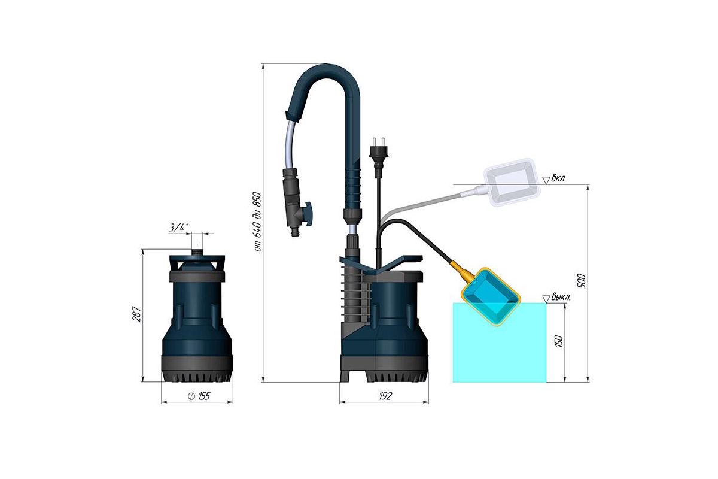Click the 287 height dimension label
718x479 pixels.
pos(136,314)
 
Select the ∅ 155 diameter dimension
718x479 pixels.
pos(199,396)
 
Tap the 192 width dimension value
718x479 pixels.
pos(385,396)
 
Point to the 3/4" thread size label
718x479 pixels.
pos(178,228)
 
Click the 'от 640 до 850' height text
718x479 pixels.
pos(257,222)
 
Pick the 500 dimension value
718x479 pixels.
pos(582,281)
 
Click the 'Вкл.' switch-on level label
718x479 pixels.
pos(558,178)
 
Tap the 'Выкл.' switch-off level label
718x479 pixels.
pos(561,297)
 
